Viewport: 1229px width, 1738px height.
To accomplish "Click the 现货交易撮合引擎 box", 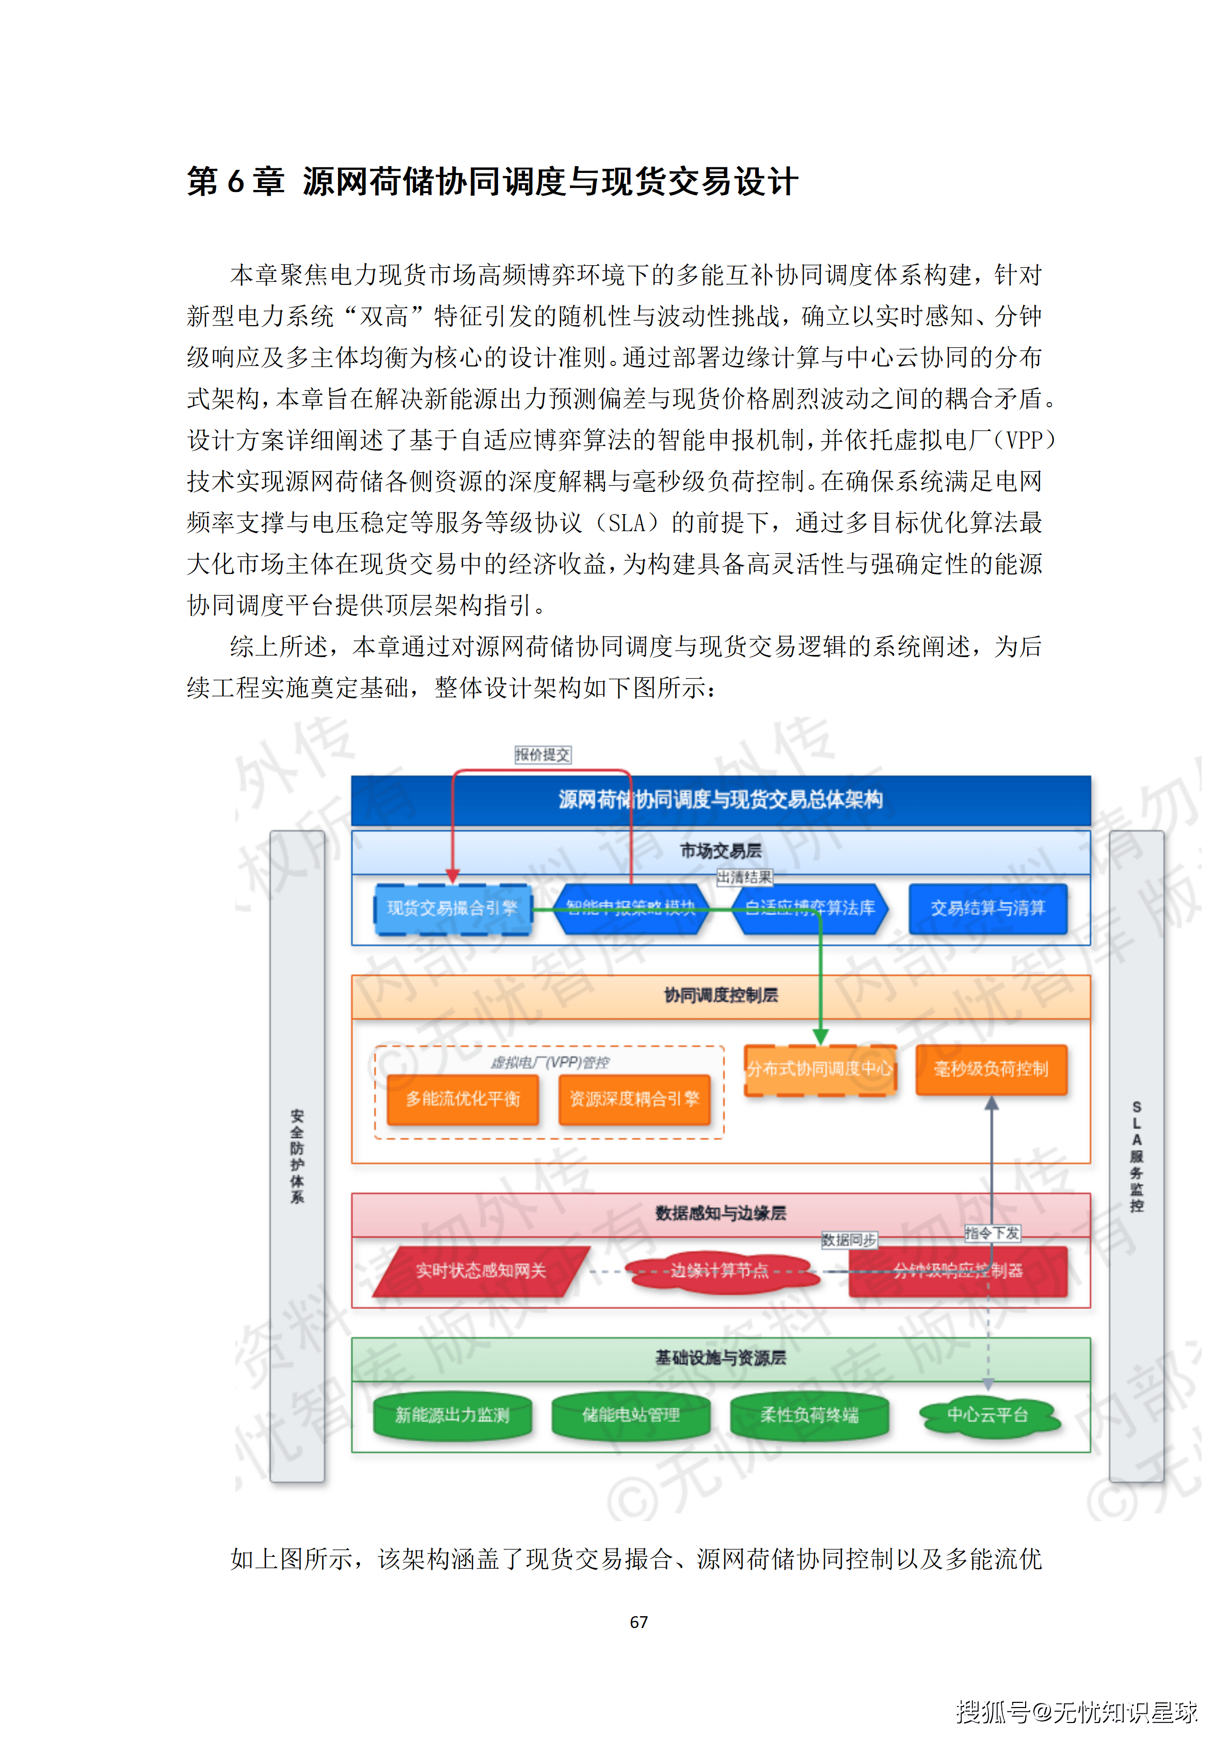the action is point(453,908).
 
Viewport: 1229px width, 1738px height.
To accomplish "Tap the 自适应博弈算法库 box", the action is point(810,908).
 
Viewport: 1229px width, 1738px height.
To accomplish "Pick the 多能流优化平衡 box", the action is point(462,1099).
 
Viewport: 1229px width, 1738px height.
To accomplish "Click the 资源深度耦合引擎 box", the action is point(634,1099).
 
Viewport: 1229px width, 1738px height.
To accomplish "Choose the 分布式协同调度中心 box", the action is point(820,1070).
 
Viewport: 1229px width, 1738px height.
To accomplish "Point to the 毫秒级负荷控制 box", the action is point(992,1070).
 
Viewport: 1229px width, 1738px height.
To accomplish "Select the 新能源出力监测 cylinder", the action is point(453,1415).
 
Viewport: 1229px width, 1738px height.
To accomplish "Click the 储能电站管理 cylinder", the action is point(631,1415).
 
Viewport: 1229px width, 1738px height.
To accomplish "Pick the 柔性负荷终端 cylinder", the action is point(810,1415).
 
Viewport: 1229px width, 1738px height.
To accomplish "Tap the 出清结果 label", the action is point(745,878).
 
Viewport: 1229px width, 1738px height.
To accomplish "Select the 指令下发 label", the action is point(992,1233).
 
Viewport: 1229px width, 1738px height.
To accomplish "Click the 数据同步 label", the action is point(849,1240).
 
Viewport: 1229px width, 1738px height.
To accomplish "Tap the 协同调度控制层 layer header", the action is point(721,995).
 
